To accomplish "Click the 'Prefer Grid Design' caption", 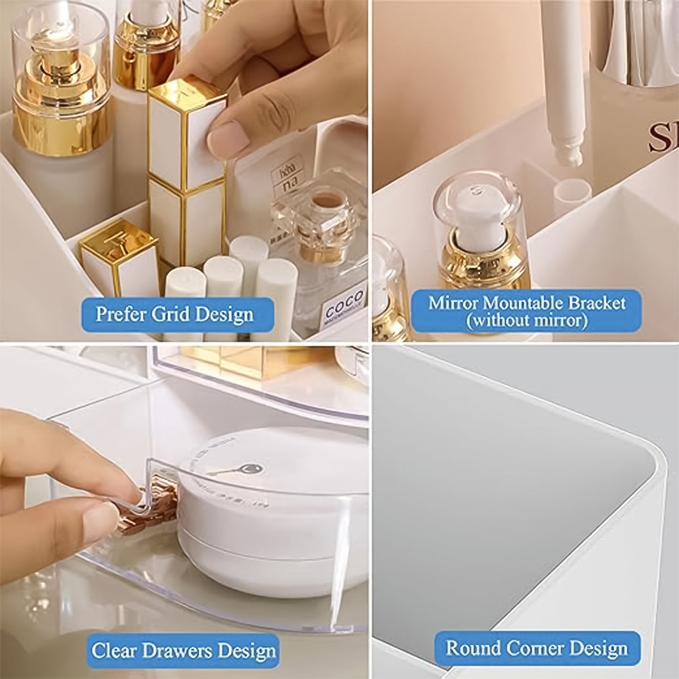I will coord(174,313).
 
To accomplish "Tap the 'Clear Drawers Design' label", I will coord(183,650).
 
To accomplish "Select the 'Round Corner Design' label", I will coord(537,648).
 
